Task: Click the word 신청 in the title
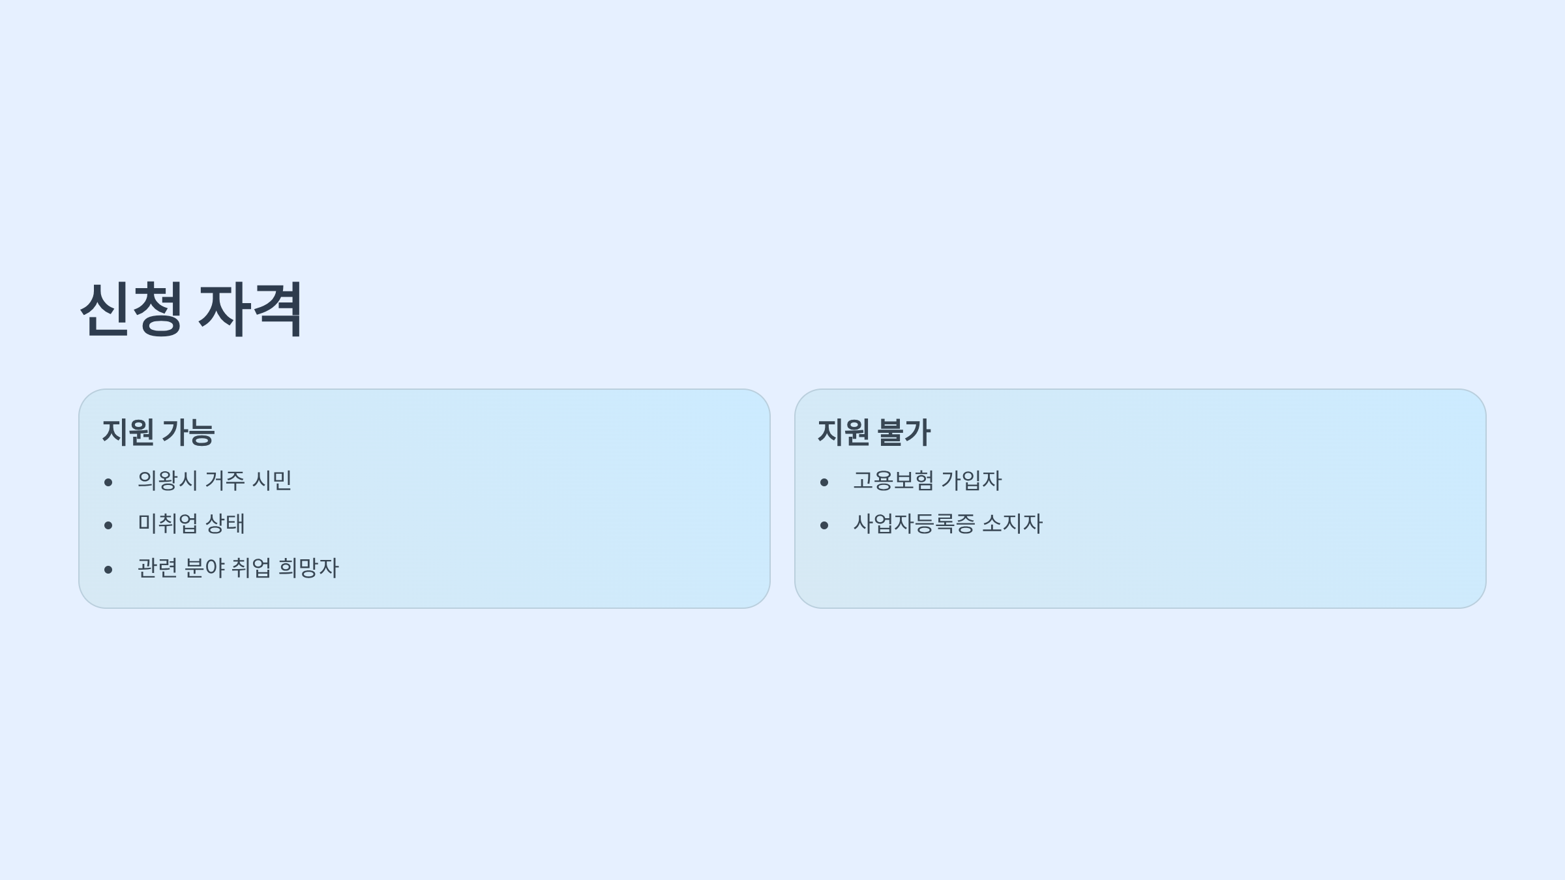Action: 130,310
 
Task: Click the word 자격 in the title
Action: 250,310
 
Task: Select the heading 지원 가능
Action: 158,432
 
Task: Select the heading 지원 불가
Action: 874,432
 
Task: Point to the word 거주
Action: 225,481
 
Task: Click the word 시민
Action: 272,481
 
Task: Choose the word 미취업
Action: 168,524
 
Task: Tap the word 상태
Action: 225,524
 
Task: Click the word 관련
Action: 157,568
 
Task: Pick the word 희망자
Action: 308,568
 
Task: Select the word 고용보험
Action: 893,481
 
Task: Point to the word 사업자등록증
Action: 914,524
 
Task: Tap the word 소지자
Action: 1012,524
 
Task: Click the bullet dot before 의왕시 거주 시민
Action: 108,482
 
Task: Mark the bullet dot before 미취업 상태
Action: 108,525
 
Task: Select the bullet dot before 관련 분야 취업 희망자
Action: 108,570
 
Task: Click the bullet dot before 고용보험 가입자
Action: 824,482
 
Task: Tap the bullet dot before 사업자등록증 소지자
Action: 824,525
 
